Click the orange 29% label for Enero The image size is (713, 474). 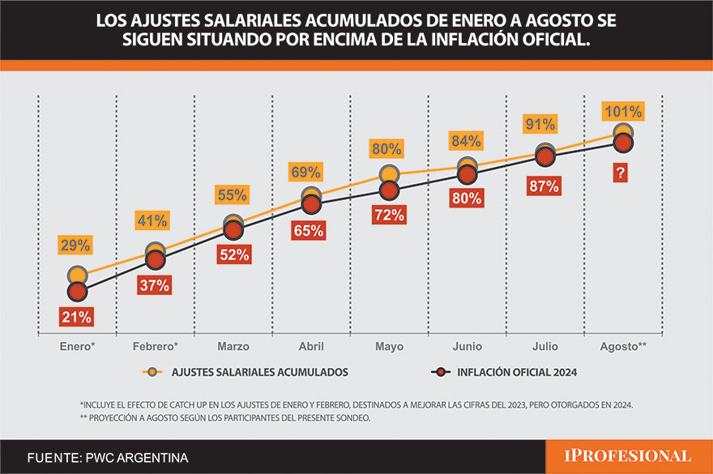click(75, 246)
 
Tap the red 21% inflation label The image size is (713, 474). click(75, 318)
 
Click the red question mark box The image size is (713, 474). click(621, 172)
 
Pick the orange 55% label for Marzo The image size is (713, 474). click(232, 195)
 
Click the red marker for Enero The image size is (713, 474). click(77, 291)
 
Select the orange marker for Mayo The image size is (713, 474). click(390, 174)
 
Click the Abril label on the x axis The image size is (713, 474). click(310, 346)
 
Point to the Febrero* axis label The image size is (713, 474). click(155, 346)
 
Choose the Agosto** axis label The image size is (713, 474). click(622, 346)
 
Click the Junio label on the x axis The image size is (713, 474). click(467, 346)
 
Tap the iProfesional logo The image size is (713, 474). click(619, 456)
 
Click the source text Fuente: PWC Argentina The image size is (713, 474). click(107, 458)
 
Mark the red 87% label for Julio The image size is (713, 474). click(543, 186)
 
